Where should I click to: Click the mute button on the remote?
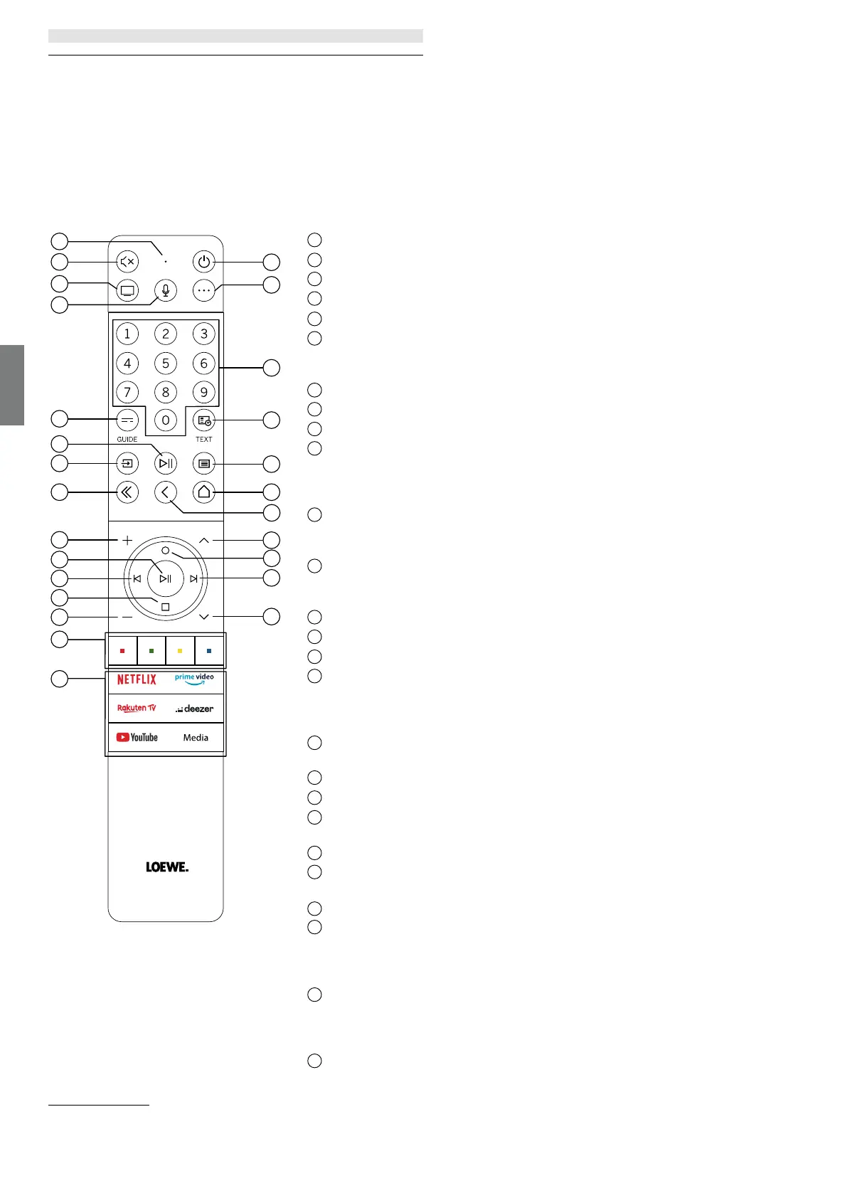point(127,262)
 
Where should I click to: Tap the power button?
point(204,262)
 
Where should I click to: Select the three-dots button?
point(204,290)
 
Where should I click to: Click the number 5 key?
point(166,364)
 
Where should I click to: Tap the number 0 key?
point(166,420)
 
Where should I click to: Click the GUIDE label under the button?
point(127,440)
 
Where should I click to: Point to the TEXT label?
point(204,440)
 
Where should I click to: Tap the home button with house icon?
point(204,492)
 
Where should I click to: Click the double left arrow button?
point(127,492)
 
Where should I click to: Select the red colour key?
point(123,651)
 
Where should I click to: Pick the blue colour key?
point(209,651)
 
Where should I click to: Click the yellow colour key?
point(180,651)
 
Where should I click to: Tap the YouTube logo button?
point(137,737)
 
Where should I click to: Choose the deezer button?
point(195,709)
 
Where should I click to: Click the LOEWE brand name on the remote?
point(167,867)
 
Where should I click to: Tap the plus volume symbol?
point(127,541)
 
